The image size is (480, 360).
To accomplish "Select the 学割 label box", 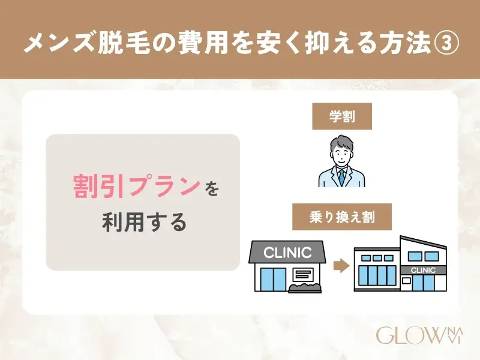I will tap(341, 116).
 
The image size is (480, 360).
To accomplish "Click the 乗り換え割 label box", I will tap(342, 217).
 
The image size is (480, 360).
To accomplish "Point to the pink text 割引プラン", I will tap(136, 187).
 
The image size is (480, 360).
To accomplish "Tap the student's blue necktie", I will tap(341, 176).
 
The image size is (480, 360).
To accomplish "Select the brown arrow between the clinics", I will tap(341, 266).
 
